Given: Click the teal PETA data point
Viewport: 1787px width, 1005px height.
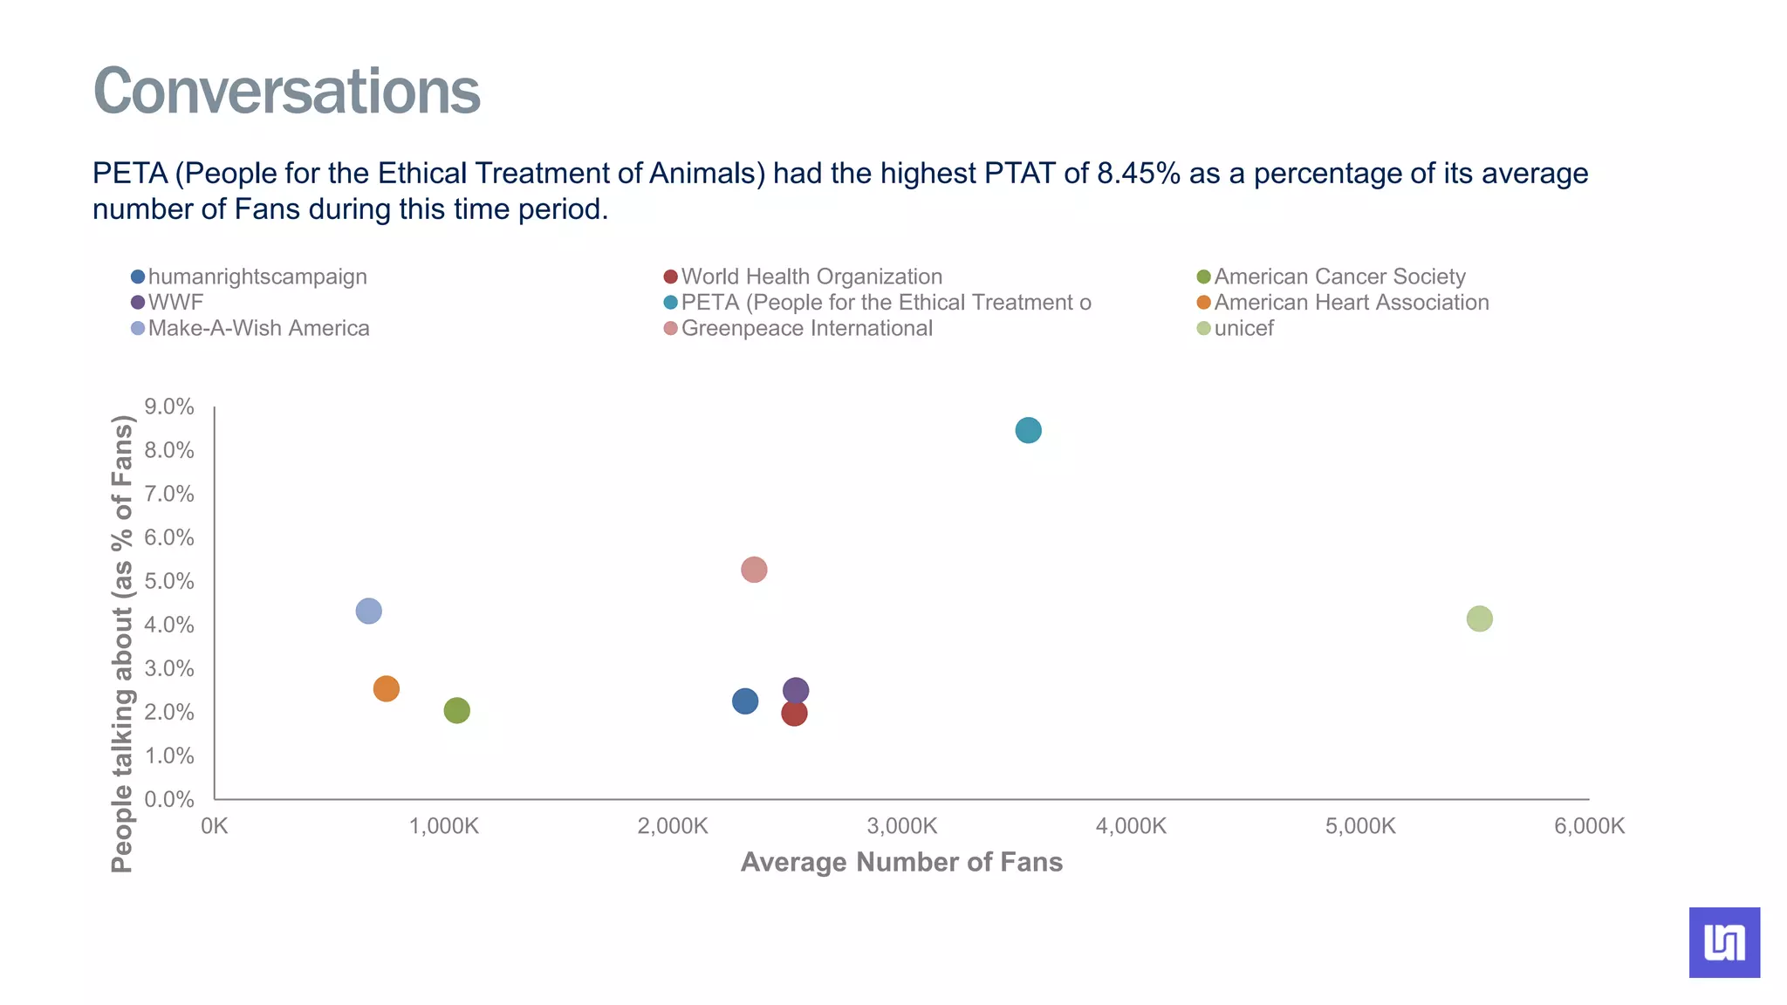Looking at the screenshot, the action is (x=1028, y=430).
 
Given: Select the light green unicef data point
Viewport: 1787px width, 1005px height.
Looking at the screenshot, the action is (x=1479, y=619).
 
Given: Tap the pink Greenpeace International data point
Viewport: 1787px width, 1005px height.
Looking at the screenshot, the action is (x=754, y=570).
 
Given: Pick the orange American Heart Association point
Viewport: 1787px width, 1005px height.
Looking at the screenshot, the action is (x=386, y=688).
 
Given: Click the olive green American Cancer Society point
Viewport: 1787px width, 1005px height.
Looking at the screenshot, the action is (x=456, y=710).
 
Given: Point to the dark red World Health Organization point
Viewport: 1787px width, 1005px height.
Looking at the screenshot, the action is (x=794, y=714).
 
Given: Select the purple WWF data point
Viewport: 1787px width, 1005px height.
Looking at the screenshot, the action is (x=796, y=690).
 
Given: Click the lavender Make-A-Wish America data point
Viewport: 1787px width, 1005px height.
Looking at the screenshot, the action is (x=368, y=611).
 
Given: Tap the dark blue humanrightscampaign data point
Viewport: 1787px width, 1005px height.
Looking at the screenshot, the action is (x=744, y=701).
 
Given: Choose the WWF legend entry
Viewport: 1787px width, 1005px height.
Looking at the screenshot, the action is (x=175, y=303).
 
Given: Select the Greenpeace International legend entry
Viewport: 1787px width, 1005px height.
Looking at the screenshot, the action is (x=805, y=329).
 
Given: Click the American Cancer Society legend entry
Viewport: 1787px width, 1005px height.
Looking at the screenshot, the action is (x=1339, y=277).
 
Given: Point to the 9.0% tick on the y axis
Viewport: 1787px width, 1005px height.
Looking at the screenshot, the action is (x=169, y=407).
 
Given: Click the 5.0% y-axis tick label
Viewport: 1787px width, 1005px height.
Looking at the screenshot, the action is (x=169, y=581).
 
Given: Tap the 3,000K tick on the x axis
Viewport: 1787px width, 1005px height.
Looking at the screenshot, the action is (x=901, y=825).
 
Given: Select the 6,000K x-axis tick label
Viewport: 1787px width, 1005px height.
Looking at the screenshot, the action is (x=1589, y=825).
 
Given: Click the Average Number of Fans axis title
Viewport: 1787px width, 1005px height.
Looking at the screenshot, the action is (x=901, y=862).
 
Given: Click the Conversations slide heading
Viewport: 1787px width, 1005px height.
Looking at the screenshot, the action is (x=286, y=91).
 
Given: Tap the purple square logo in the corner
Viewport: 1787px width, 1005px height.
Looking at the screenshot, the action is (x=1724, y=942).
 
